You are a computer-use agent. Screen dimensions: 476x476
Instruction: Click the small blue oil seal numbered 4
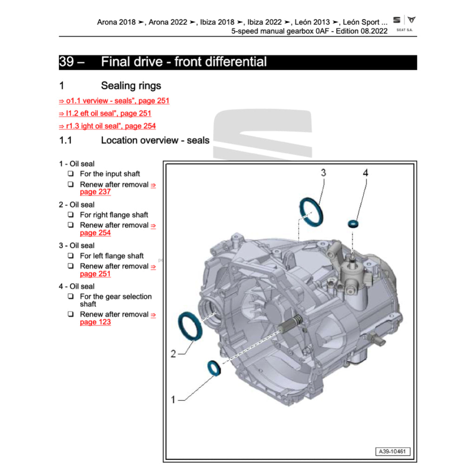point(354,224)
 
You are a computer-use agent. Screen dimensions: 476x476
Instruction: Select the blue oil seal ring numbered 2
point(191,326)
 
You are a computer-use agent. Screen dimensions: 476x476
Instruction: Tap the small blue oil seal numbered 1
point(214,367)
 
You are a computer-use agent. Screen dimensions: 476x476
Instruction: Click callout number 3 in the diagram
point(323,173)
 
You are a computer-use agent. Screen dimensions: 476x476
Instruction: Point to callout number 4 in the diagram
point(365,173)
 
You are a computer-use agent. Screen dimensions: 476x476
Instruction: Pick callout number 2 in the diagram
point(173,354)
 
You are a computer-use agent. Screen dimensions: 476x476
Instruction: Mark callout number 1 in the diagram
point(173,399)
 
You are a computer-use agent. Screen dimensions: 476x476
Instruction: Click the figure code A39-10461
point(393,451)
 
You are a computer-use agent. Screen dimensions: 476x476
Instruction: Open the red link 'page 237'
point(95,192)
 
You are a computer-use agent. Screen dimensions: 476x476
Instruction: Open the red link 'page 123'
point(95,322)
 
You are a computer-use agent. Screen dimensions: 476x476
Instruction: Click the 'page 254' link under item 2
point(95,233)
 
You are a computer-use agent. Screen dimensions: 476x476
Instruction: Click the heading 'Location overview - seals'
point(155,140)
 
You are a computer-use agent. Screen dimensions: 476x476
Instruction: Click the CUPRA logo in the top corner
point(411,20)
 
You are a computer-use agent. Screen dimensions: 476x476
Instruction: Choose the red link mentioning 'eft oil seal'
point(105,113)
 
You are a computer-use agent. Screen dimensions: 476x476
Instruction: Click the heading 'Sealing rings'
point(131,86)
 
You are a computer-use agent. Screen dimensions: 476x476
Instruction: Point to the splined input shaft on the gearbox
point(294,322)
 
